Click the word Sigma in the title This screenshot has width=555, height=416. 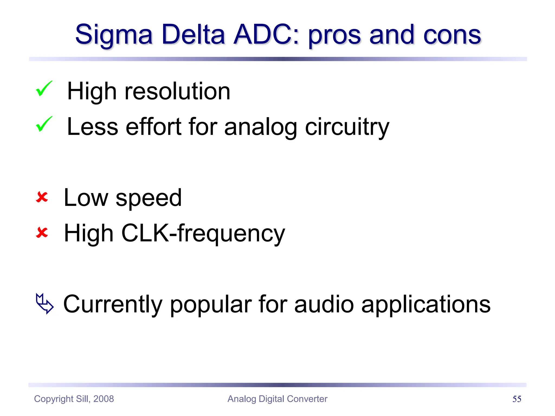(114, 35)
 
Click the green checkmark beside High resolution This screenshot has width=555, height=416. (44, 89)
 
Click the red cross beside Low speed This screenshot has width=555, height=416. (42, 197)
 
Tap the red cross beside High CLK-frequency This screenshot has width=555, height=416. (42, 233)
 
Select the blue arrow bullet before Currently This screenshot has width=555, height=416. (45, 303)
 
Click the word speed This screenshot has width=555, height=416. (149, 198)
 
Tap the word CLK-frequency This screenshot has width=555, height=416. (203, 233)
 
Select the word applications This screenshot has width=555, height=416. (426, 305)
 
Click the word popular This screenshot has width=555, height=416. (211, 305)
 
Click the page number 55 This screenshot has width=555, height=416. (517, 399)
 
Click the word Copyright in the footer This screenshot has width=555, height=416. (54, 399)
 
